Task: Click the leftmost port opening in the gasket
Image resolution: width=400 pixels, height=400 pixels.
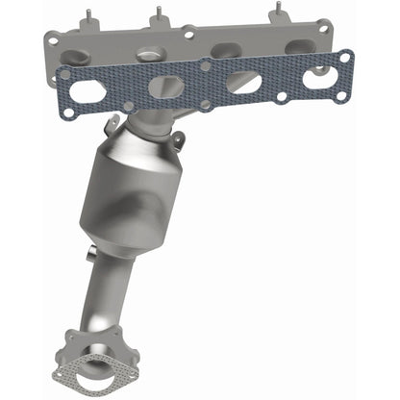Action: [x=87, y=92]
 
